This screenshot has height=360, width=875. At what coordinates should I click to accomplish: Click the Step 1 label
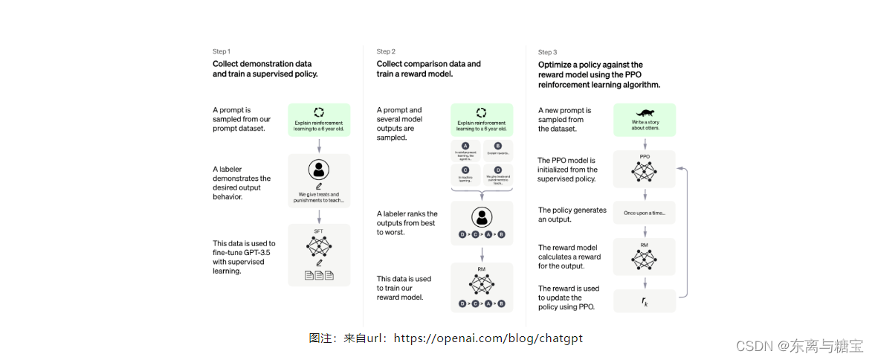point(222,51)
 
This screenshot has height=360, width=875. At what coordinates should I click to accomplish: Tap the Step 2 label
point(386,51)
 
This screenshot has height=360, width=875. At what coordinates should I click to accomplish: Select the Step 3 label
point(547,52)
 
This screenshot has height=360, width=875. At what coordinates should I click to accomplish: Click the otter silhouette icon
point(645,111)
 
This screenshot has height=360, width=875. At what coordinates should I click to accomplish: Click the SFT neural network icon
point(318,246)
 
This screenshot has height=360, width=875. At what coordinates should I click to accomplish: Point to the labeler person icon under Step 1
point(319,169)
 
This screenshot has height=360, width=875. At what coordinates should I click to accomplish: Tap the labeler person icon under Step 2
point(482,218)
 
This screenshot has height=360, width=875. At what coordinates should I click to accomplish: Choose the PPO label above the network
point(645,157)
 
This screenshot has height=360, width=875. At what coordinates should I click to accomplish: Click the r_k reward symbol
point(645,301)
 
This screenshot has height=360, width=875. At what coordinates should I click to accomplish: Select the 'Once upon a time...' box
point(645,213)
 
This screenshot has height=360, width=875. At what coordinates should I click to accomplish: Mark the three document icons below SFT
point(319,276)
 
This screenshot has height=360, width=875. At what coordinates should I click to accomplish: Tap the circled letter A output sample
point(465,146)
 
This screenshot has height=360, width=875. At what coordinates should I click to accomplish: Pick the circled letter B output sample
point(497,146)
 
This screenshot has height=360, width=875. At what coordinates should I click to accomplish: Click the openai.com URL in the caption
point(488,338)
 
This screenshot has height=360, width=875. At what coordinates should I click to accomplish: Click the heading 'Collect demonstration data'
point(262,64)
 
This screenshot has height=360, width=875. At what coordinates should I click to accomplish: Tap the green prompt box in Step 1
point(319,120)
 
